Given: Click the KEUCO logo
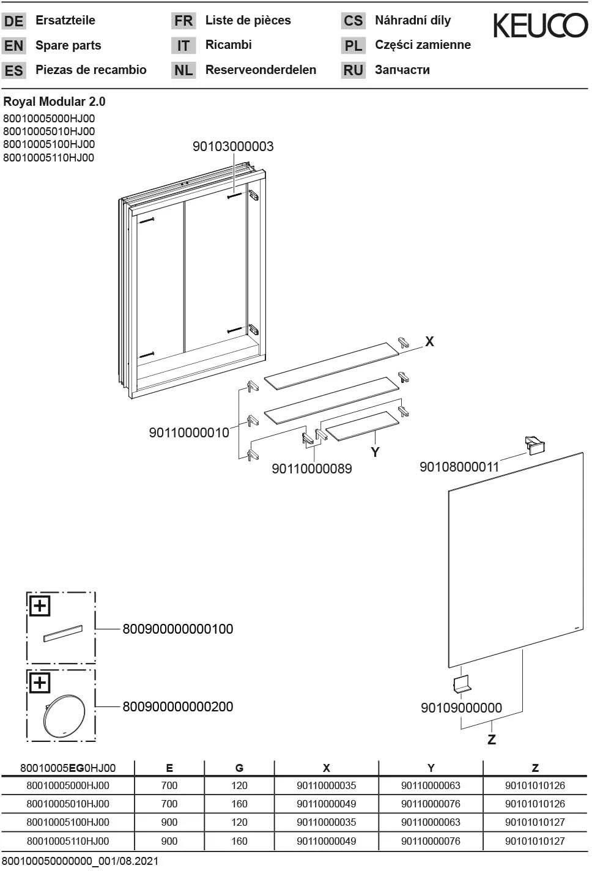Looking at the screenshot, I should point(540,26).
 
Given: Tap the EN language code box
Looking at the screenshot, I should point(13,46).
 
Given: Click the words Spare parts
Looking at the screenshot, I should point(68,45).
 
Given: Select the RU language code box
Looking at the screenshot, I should point(353,70).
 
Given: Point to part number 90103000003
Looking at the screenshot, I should point(233,147).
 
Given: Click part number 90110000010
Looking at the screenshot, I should point(189,432).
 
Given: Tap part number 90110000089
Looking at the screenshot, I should point(312,469).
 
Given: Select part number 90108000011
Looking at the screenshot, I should point(459,467).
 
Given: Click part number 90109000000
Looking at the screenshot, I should point(461,708).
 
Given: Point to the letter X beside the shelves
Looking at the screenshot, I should point(429,342).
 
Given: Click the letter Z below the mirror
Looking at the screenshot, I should point(491,739).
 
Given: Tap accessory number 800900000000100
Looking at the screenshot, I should point(178,629).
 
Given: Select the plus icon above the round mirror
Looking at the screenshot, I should point(40,682).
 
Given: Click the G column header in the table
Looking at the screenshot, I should point(239,768).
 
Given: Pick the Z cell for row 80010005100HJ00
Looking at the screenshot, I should point(535,822).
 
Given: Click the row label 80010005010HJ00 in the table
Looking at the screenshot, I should point(68,804).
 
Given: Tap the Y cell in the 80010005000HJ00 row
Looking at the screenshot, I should point(431,785).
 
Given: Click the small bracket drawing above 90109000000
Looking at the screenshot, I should point(461,685).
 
